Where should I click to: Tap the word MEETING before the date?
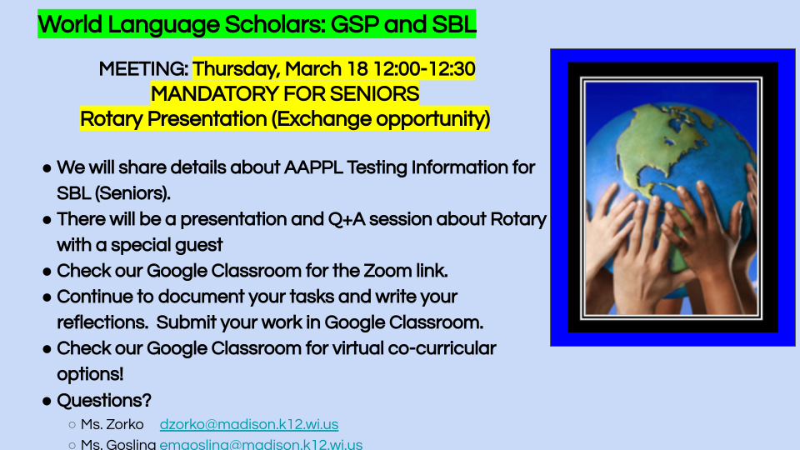pos(143,69)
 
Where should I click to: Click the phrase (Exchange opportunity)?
pos(380,119)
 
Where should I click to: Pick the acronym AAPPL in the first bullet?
pos(313,167)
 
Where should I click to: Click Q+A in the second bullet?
pos(346,219)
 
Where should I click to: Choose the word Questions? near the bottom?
pos(104,401)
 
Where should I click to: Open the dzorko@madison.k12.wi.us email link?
pos(249,424)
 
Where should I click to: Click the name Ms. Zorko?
pos(112,424)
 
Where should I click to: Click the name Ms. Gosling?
pos(118,444)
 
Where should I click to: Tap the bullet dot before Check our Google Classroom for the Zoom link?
pos(47,272)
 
